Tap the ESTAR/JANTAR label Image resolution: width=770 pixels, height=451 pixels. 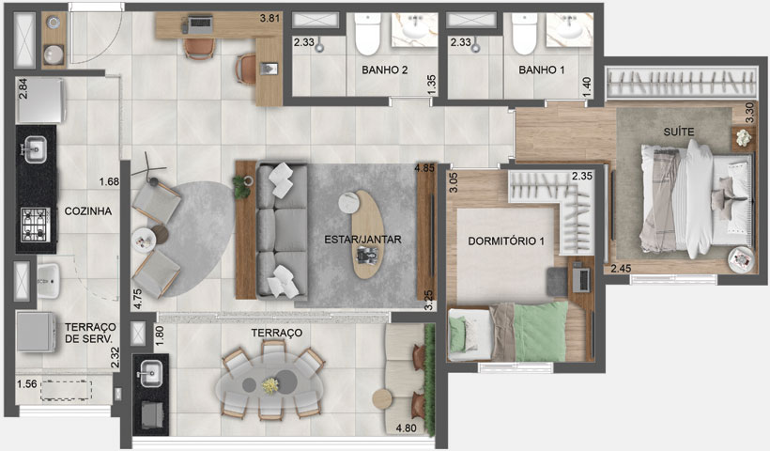coord(363,240)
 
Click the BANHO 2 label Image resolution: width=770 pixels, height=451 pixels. coord(383,70)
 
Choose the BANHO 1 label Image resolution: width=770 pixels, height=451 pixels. coord(540,70)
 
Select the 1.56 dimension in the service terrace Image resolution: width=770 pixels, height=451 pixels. coord(28,383)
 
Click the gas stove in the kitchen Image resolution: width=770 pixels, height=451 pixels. coord(35,225)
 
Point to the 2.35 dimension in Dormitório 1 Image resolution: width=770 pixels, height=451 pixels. coord(582,176)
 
